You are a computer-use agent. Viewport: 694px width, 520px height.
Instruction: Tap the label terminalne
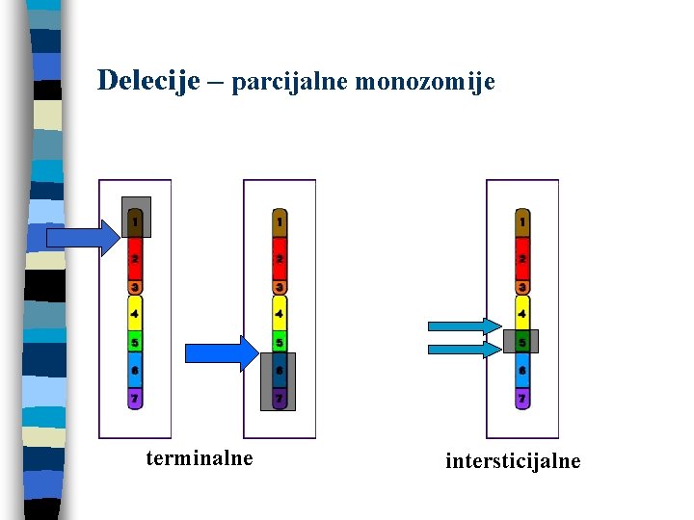tap(200, 458)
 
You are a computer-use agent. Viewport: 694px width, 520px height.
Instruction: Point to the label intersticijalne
tap(513, 461)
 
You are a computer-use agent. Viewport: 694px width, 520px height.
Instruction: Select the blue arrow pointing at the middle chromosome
tap(222, 353)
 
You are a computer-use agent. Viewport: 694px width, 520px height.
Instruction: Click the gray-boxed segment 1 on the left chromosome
tap(135, 221)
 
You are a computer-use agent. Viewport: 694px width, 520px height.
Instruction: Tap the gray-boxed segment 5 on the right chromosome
tap(521, 342)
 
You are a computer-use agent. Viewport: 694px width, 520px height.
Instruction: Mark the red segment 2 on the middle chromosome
tap(279, 260)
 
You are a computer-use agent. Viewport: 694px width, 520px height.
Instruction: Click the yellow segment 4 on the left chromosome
tap(135, 313)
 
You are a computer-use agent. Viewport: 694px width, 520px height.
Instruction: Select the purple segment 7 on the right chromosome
tap(521, 398)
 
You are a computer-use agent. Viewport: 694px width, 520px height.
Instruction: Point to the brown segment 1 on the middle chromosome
tap(279, 223)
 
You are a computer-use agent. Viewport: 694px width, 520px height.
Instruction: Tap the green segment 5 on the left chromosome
tap(135, 342)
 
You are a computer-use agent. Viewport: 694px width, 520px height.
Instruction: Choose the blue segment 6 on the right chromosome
tap(521, 370)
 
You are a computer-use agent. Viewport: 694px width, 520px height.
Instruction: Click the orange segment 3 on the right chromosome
tap(521, 287)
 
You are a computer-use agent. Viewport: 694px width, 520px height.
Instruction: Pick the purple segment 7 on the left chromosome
tap(135, 398)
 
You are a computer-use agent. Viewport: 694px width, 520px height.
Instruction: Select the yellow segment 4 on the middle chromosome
tap(279, 313)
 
